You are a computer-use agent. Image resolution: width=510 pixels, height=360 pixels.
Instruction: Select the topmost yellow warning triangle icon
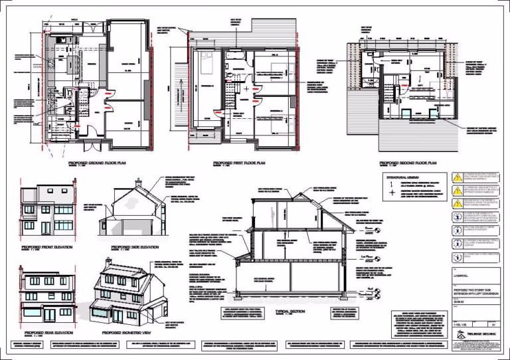point(456,177)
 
